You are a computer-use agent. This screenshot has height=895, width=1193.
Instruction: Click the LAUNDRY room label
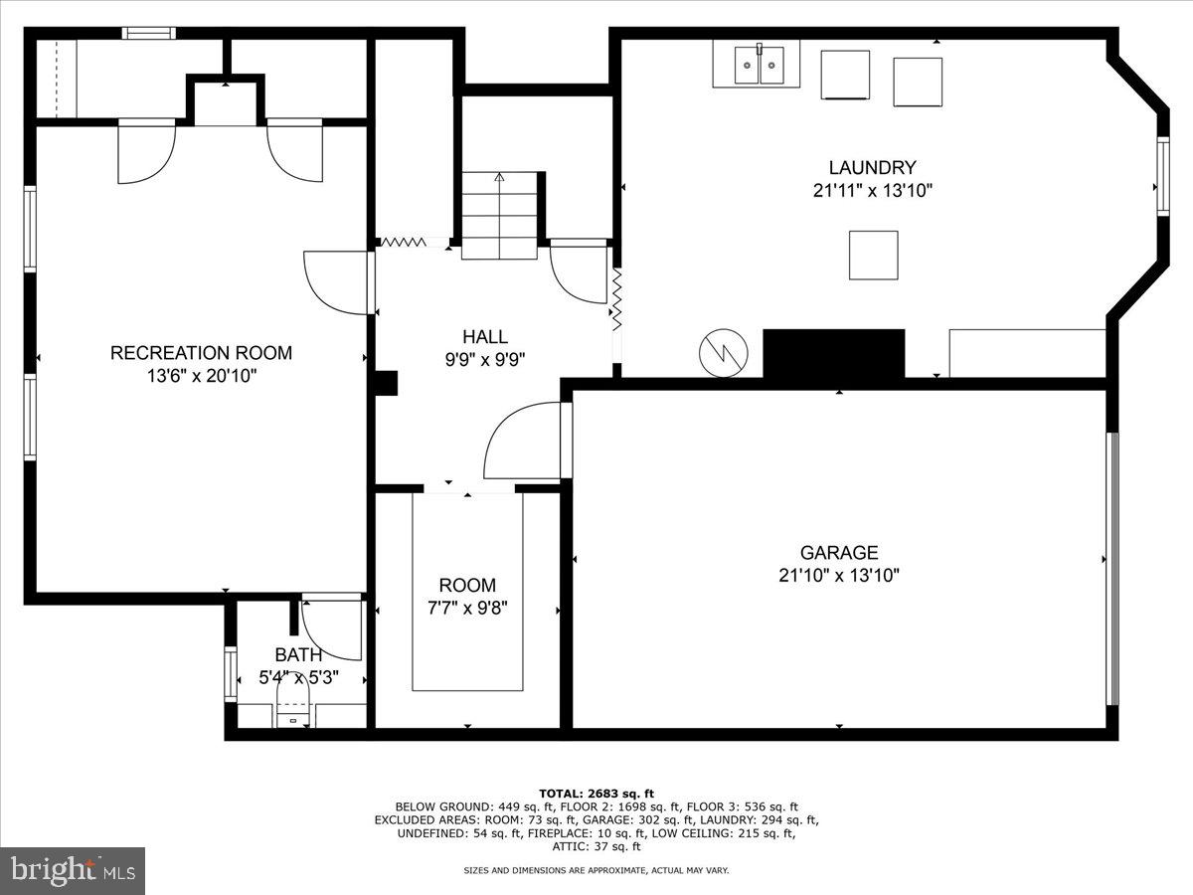(x=872, y=168)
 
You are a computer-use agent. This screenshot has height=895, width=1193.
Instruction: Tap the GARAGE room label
(x=839, y=552)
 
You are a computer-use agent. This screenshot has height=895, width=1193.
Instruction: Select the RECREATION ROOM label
(x=201, y=352)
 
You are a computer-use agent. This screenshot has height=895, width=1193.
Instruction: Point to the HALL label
(x=485, y=337)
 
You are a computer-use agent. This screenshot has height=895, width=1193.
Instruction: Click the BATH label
(x=298, y=654)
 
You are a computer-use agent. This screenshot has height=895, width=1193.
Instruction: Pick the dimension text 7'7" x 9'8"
(x=466, y=609)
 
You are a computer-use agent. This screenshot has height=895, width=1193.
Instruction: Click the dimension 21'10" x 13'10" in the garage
(x=839, y=575)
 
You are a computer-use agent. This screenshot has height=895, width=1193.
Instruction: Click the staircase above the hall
(x=499, y=216)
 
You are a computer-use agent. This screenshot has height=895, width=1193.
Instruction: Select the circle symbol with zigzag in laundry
(x=722, y=352)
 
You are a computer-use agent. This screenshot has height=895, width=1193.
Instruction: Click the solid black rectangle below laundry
(x=833, y=353)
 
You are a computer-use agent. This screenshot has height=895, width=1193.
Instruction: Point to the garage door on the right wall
(x=1113, y=569)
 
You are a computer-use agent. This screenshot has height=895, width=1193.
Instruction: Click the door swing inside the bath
(x=333, y=629)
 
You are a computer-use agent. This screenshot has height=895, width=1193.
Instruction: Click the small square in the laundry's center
(x=873, y=255)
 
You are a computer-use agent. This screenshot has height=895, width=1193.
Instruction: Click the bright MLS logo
(x=73, y=871)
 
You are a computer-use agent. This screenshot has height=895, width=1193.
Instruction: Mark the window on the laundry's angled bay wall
(x=1160, y=176)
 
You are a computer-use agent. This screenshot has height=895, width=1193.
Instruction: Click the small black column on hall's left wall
(x=386, y=383)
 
